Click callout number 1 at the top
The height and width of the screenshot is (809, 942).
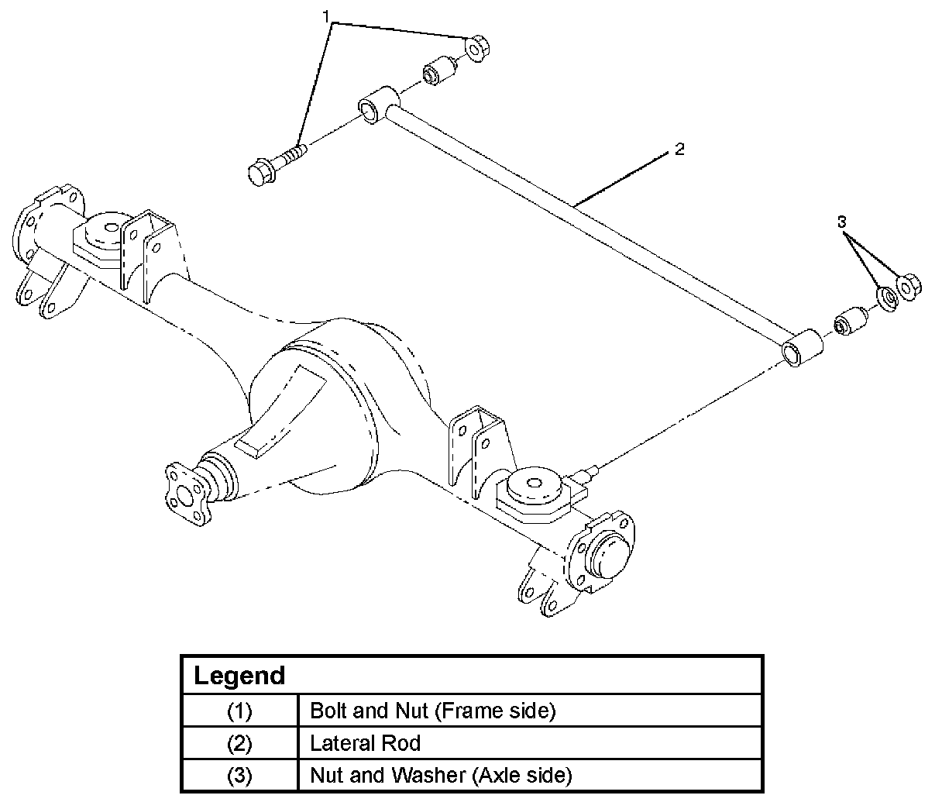325,17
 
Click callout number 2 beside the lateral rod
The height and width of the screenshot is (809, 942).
679,149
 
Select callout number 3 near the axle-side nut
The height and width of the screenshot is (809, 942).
841,222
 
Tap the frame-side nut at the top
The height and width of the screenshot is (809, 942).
477,47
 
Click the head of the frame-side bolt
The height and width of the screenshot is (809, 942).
262,171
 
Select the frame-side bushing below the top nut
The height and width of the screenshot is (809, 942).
440,71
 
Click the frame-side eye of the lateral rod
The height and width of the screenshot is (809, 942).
378,105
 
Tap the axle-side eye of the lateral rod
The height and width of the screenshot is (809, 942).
802,347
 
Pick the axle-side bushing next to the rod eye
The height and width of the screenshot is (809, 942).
851,322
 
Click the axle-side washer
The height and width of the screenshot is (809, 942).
887,299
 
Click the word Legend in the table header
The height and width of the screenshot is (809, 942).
239,675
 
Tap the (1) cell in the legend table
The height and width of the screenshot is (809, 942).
239,711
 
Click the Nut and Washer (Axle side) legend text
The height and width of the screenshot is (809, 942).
441,775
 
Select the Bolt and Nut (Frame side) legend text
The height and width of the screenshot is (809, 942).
433,711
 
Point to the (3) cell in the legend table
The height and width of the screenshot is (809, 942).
239,775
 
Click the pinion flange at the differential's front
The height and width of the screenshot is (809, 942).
187,495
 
